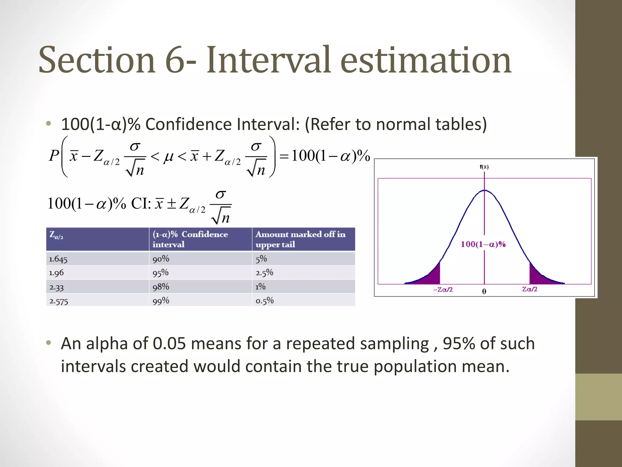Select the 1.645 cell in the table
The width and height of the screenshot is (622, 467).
pos(58,259)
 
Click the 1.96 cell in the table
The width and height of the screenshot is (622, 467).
pos(56,273)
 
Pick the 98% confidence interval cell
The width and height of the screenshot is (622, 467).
pos(161,287)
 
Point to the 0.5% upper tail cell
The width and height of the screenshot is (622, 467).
pos(265,301)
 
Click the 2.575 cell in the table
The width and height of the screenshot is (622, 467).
pos(59,301)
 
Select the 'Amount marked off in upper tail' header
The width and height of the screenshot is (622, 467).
pos(300,239)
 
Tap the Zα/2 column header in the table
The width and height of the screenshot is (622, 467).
pos(56,235)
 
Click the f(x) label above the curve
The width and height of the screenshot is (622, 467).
pos(484,167)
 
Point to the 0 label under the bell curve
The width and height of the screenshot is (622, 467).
pos(484,291)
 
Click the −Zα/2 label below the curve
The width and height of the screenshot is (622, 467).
pos(443,289)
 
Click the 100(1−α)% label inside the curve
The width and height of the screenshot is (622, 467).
pos(483,244)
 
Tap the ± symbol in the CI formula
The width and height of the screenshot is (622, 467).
pos(172,204)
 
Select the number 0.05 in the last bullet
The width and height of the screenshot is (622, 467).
pos(169,344)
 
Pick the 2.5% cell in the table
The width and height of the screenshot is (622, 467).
pos(264,273)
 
